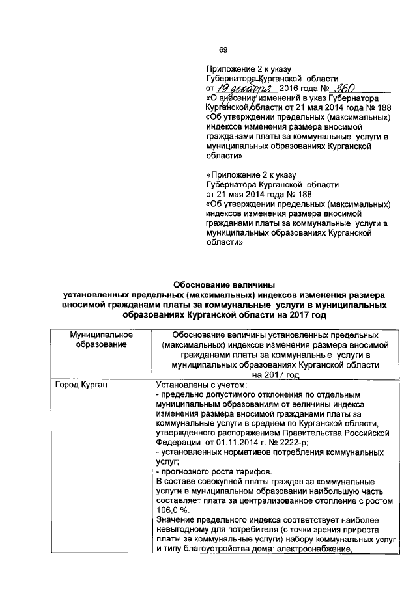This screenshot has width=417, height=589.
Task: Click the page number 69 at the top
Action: click(x=223, y=51)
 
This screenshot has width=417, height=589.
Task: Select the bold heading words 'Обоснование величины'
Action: click(x=223, y=284)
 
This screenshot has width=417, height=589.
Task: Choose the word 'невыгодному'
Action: click(x=186, y=530)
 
